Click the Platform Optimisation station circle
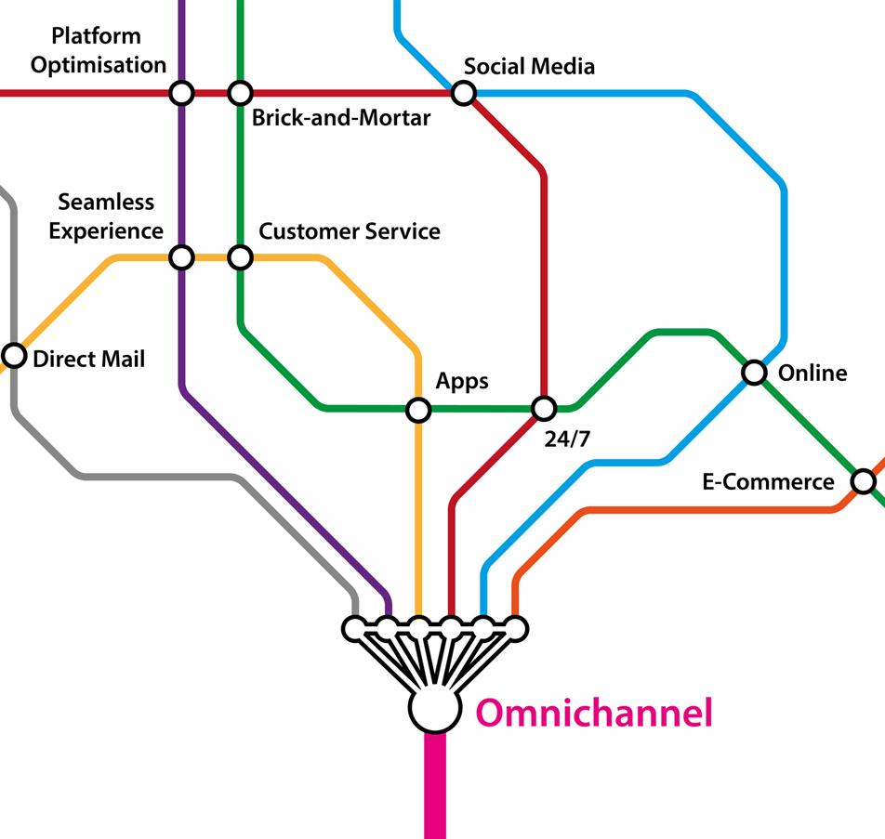pos(181,93)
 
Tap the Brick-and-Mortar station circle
pos(240,93)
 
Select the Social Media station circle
pos(463,93)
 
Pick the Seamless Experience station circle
pos(181,256)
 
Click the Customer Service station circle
pos(240,256)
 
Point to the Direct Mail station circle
pos(14,355)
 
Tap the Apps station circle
pos(418,409)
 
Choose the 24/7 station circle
pos(544,408)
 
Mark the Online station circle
pos(754,373)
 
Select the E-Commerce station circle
pos(864,481)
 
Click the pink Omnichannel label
pos(594,714)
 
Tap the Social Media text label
pos(529,67)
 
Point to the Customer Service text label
pos(350,231)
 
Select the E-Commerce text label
pos(766,482)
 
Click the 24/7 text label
pos(566,439)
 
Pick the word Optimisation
pos(99,65)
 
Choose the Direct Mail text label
pos(89,359)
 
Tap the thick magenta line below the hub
pos(435,790)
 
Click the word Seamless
pos(106,203)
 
